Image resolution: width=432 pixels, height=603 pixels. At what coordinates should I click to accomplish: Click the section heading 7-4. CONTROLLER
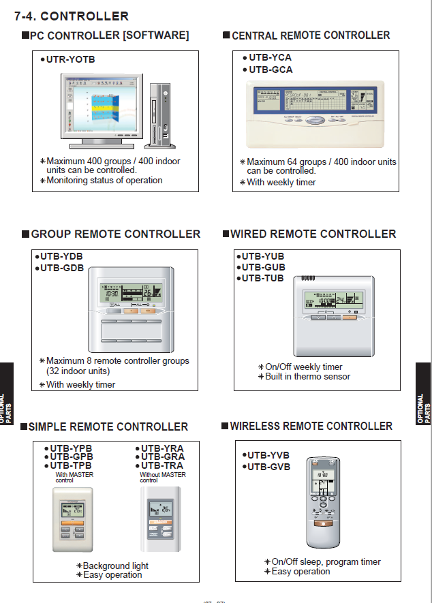coord(72,16)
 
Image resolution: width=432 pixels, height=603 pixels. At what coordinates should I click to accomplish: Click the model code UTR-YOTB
coord(70,60)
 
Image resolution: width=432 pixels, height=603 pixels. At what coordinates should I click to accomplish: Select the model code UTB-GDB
coord(61,268)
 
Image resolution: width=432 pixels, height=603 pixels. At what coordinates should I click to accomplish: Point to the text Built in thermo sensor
coord(307,377)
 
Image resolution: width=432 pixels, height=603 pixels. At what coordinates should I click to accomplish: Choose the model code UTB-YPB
coord(71,448)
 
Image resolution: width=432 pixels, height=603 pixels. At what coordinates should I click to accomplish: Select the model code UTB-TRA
coord(162,466)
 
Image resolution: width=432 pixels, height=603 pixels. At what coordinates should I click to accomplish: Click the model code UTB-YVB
coord(268,455)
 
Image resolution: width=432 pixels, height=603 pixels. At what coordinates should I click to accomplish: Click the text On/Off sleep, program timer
coord(326,562)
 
